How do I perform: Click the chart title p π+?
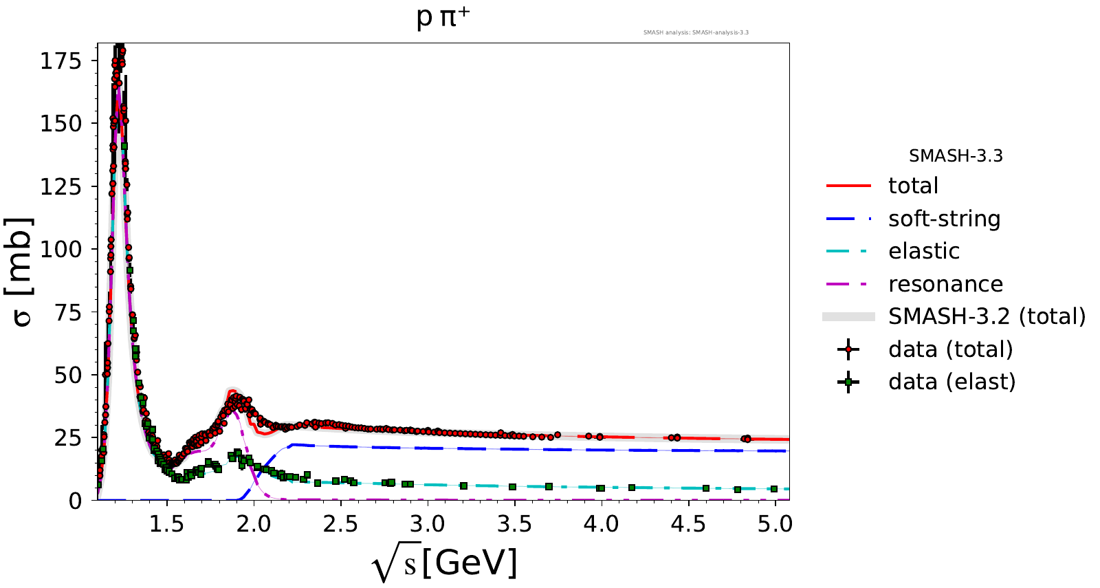443,17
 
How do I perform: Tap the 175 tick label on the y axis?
60,61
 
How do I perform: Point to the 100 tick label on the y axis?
60,249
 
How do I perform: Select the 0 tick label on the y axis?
75,501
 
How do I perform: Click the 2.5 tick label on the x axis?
340,524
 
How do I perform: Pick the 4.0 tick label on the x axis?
601,524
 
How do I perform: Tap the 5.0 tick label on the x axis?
775,524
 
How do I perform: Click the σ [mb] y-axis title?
21,272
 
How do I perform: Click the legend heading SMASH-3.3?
956,156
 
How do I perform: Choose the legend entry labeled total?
913,186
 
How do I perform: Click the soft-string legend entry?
944,219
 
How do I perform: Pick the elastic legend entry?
923,251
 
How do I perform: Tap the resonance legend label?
945,284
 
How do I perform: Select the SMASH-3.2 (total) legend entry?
987,316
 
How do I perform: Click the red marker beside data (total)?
848,349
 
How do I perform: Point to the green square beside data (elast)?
848,382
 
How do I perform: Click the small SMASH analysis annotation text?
696,32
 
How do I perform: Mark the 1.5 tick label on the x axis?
167,524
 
